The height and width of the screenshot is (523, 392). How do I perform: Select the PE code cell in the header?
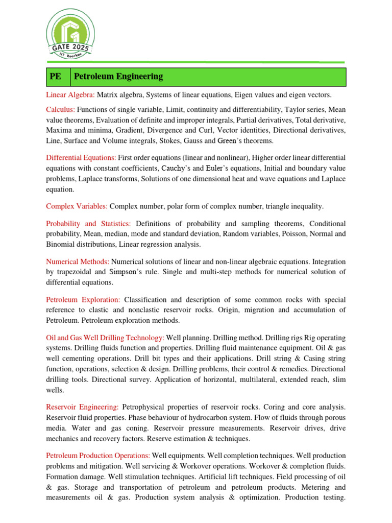point(55,77)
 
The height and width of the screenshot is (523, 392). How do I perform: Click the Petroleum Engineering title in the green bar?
point(118,77)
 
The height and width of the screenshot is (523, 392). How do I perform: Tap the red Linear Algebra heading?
point(70,94)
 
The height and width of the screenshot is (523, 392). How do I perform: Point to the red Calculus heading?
point(61,109)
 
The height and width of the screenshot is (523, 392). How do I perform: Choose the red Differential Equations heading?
point(81,157)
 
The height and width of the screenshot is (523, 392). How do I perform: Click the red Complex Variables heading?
point(77,206)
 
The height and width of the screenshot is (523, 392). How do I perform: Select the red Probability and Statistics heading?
point(88,224)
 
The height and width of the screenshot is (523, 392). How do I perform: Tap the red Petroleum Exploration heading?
point(83,299)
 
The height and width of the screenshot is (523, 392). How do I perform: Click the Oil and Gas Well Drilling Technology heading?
point(105,338)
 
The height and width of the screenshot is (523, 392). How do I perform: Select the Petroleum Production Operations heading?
point(98,455)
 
